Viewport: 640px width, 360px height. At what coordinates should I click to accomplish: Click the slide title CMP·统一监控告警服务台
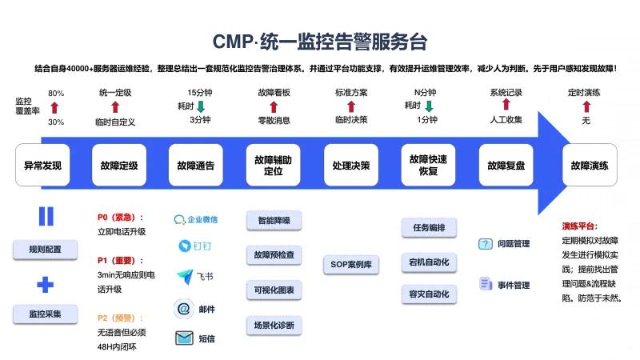pos(320,41)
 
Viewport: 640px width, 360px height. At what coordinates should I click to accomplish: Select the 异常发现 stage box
pos(42,166)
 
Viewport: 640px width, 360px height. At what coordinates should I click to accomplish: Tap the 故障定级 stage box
pos(119,166)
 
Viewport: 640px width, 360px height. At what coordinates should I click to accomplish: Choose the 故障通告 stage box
pos(196,166)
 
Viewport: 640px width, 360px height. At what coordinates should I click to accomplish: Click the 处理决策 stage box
pos(351,166)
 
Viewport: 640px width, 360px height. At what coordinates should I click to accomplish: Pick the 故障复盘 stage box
pos(506,166)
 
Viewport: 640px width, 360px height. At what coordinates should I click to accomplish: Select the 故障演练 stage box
pos(590,166)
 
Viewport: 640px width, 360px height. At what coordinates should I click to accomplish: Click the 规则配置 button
pos(45,250)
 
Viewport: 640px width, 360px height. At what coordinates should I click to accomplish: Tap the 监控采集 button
pos(45,313)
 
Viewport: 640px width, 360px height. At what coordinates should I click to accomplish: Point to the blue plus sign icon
pos(46,283)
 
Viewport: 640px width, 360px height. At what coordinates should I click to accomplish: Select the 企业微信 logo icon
pos(181,218)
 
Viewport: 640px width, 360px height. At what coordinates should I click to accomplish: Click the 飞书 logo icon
pos(184,277)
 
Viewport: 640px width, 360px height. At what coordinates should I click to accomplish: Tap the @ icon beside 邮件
pos(183,308)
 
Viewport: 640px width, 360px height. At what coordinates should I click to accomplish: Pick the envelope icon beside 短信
pos(183,338)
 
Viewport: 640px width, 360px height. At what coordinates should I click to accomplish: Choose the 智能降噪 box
pos(274,219)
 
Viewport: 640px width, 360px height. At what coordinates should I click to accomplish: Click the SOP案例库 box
pos(351,263)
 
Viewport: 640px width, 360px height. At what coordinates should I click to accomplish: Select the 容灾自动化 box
pos(429,294)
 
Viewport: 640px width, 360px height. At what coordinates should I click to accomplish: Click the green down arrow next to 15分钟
pos(202,106)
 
